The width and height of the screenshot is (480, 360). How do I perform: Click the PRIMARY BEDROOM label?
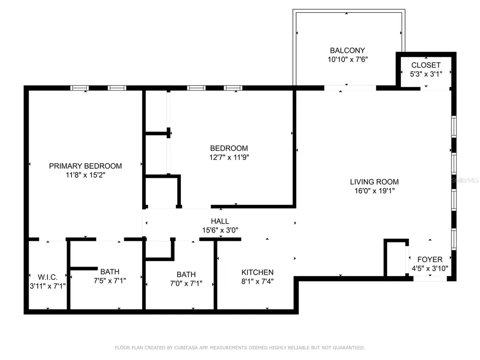85,166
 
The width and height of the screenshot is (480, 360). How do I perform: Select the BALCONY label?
347,51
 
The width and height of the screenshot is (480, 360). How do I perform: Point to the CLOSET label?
426,65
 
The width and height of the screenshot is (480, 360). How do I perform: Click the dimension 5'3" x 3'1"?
426,74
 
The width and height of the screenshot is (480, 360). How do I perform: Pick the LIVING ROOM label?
374,182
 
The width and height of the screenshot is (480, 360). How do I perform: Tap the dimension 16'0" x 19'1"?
374,191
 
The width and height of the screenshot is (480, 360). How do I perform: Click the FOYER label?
429,260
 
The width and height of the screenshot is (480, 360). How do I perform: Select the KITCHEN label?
257,272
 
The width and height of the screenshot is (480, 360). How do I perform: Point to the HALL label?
220,221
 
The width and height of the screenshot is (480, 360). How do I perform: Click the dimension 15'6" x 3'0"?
220,230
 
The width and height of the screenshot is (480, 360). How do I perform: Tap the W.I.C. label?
47,276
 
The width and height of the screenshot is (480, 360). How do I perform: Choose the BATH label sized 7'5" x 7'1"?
110,271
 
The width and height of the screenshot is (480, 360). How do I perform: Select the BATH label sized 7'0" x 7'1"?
186,275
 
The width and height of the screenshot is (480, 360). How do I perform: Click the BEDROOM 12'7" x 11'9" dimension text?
229,157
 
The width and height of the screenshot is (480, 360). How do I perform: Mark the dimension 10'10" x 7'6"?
347,60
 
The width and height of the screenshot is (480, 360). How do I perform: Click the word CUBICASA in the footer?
186,348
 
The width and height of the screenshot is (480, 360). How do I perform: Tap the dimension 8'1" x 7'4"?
257,281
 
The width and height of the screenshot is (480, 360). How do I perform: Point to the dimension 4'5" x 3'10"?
430,269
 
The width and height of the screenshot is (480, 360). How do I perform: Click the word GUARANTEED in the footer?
347,348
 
